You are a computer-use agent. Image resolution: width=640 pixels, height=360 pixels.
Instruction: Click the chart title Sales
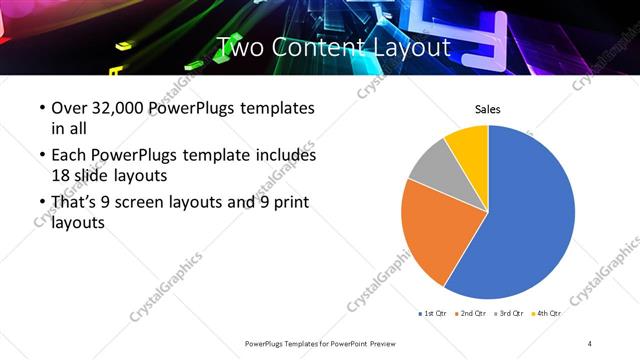pyautogui.click(x=487, y=110)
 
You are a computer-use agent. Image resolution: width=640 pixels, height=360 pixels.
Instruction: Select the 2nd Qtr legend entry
pyautogui.click(x=469, y=314)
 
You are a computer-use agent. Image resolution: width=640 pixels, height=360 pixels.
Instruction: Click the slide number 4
pyautogui.click(x=590, y=343)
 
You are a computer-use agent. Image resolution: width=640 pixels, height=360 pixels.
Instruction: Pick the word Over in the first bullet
pyautogui.click(x=68, y=108)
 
